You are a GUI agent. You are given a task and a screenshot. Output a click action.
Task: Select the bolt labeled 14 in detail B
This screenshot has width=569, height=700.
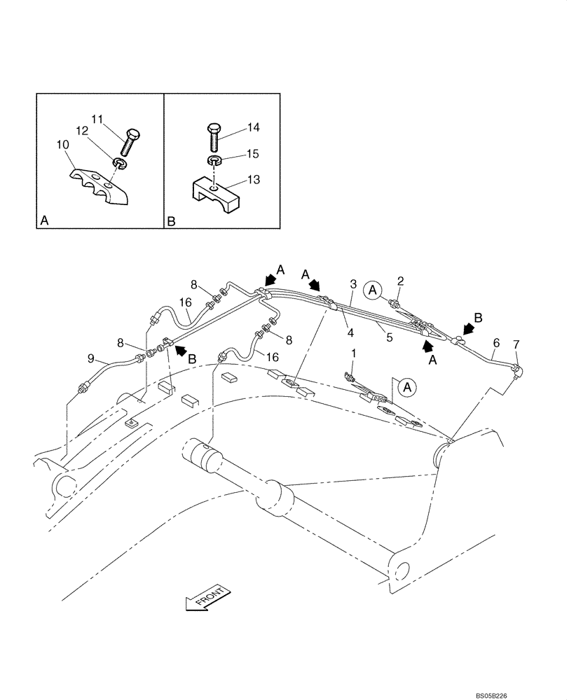(215, 136)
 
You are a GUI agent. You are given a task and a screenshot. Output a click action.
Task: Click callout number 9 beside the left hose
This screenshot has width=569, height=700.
(90, 359)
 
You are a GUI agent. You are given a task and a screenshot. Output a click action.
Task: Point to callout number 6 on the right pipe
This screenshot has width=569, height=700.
(496, 342)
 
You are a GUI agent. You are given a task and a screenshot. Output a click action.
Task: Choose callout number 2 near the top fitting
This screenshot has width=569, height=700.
(399, 281)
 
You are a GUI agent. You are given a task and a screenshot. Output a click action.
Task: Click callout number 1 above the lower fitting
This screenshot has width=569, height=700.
(354, 355)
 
